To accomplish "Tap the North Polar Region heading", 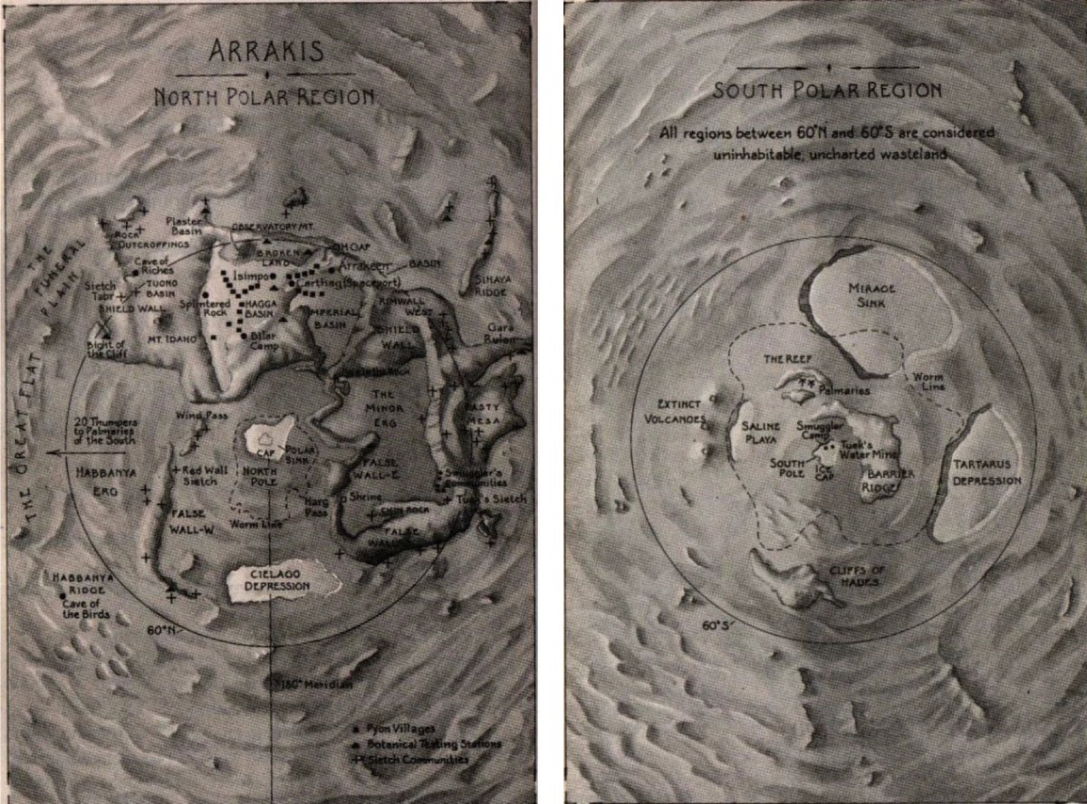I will tap(264, 96).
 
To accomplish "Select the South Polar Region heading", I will tap(827, 90).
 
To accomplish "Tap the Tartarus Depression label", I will tap(986, 472).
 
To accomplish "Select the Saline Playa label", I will tap(761, 433).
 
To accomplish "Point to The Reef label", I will tap(784, 359).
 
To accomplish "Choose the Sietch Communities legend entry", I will tap(418, 759).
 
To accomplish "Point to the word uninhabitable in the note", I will tap(708, 155).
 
